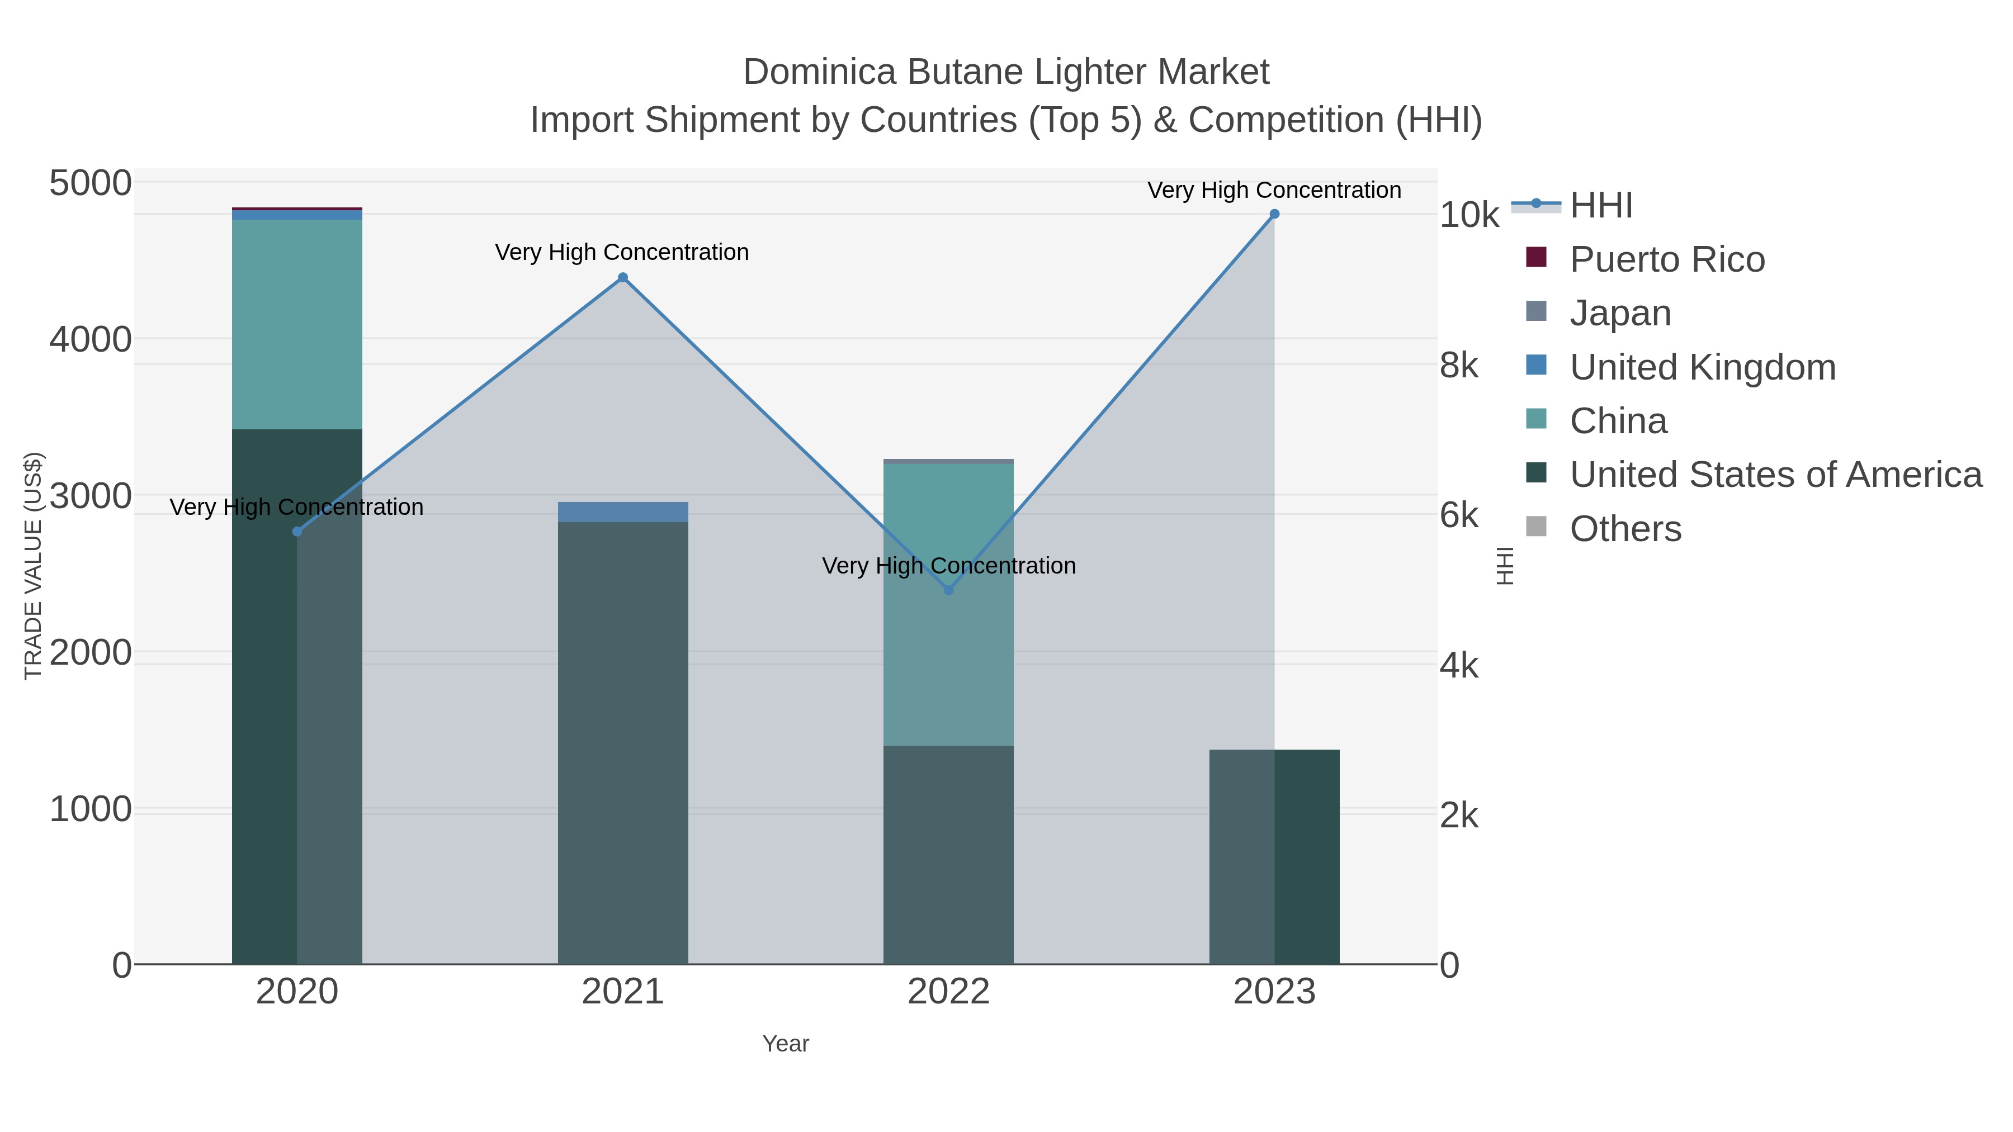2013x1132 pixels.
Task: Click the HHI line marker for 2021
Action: (623, 277)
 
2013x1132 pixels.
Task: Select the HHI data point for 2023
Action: (1274, 214)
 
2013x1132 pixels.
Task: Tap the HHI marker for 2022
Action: (949, 590)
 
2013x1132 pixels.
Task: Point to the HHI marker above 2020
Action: (297, 531)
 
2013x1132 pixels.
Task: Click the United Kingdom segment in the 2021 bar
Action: (623, 511)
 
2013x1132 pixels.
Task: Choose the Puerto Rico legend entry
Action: (1667, 259)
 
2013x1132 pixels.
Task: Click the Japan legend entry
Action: (1620, 313)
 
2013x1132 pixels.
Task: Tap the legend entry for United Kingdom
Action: (1702, 367)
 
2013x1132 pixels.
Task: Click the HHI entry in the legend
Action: (1600, 206)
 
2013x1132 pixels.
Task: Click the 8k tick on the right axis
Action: (1458, 365)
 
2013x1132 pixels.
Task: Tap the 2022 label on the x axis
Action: (949, 992)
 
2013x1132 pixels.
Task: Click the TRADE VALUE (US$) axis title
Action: (33, 566)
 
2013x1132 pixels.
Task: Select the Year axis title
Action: (786, 1044)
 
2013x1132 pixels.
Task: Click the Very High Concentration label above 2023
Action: (1274, 190)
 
